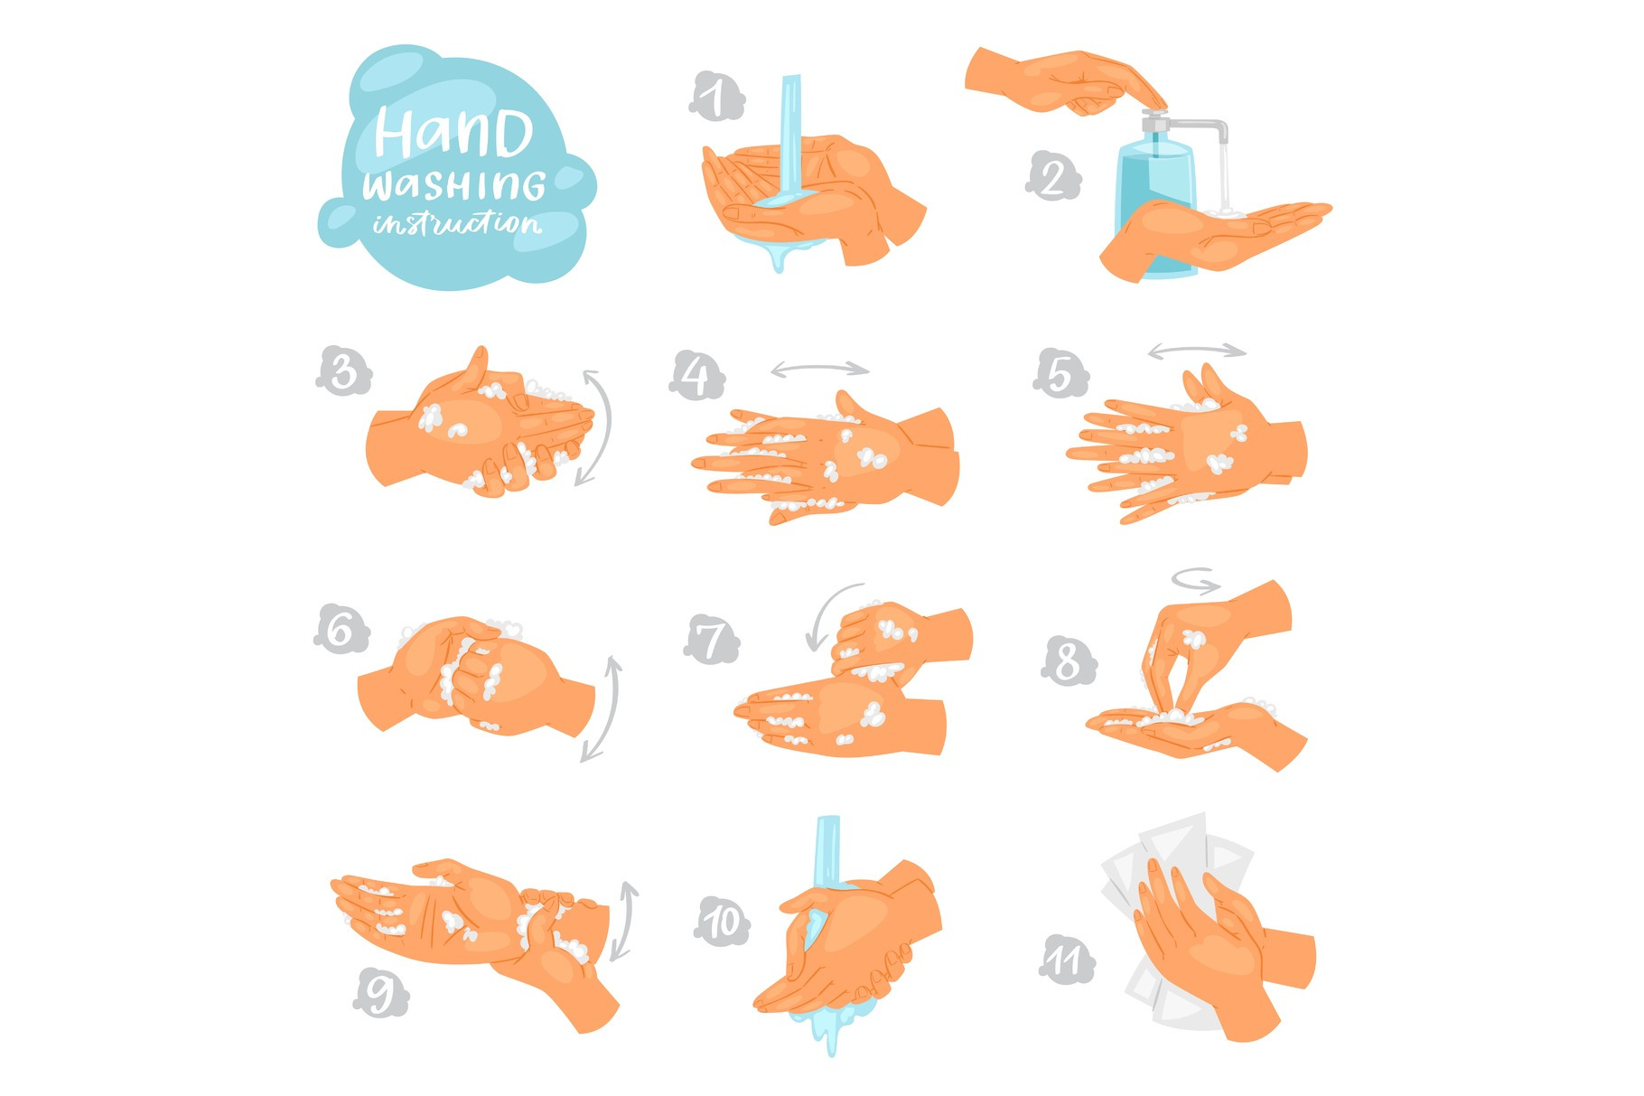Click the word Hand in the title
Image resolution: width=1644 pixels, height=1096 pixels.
(x=453, y=133)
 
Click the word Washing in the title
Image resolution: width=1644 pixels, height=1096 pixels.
(x=454, y=184)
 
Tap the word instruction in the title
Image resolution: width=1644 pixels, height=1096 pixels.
(x=457, y=222)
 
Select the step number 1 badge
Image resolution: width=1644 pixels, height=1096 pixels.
(x=716, y=97)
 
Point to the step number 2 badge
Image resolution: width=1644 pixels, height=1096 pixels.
(x=1053, y=176)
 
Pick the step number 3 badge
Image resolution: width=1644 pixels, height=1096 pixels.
(x=343, y=371)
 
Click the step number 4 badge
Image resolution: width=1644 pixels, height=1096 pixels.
(x=696, y=376)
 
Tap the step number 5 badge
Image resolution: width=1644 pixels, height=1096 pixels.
(x=1060, y=373)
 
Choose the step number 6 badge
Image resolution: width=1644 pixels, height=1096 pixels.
(x=341, y=629)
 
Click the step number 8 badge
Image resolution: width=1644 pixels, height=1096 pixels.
(x=1069, y=661)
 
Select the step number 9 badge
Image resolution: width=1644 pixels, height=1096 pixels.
(x=380, y=993)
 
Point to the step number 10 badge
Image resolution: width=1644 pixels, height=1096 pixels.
(x=722, y=923)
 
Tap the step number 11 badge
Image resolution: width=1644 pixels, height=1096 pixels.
(x=1067, y=960)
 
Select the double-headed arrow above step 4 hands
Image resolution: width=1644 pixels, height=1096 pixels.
(x=820, y=369)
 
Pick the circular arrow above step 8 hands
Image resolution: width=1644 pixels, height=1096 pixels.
(x=1196, y=580)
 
